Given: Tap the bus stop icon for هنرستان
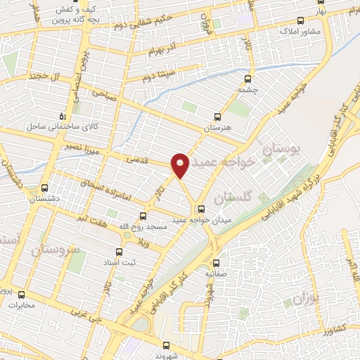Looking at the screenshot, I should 217,117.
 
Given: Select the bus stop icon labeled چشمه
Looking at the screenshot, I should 247,79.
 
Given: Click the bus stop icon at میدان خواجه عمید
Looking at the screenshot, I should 202,208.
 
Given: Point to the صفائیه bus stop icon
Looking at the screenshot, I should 216,263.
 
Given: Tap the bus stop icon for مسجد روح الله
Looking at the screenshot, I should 143,216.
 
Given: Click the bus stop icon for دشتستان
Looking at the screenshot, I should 45,188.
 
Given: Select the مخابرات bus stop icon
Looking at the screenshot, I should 21,295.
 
